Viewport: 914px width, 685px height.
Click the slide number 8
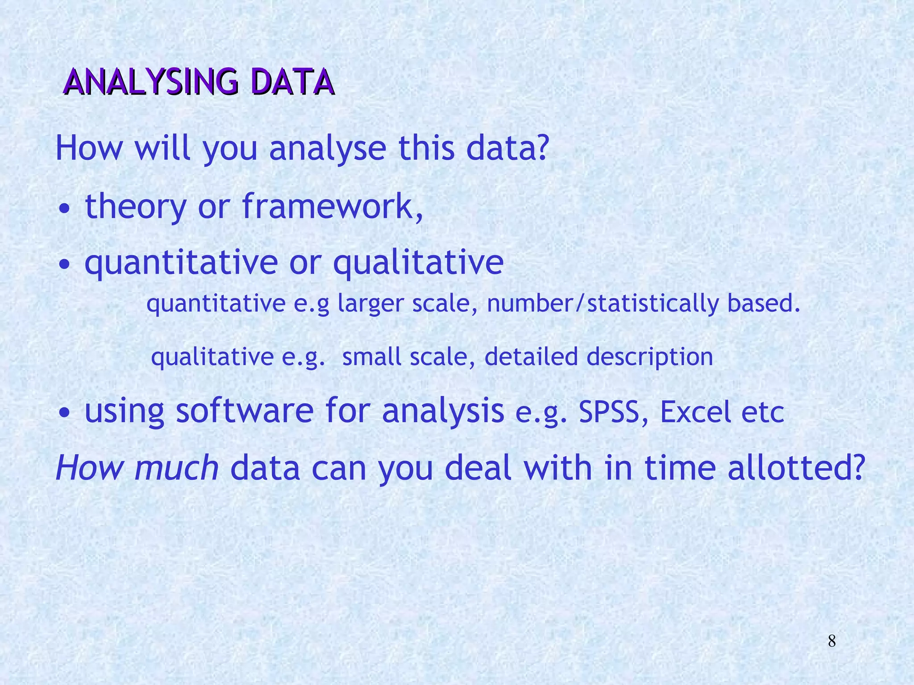(x=832, y=641)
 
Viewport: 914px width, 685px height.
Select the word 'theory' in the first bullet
(x=136, y=206)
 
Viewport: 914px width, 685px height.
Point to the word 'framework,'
(x=332, y=206)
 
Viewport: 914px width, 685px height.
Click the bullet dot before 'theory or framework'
(x=65, y=209)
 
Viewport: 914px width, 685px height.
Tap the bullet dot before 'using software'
(x=65, y=413)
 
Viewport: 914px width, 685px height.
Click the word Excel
(x=695, y=412)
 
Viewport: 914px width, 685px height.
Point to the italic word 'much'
(x=177, y=468)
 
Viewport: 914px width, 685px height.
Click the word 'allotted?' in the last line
(x=797, y=468)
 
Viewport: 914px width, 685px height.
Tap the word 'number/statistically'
(x=602, y=304)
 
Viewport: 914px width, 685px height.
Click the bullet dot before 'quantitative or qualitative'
(x=65, y=264)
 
